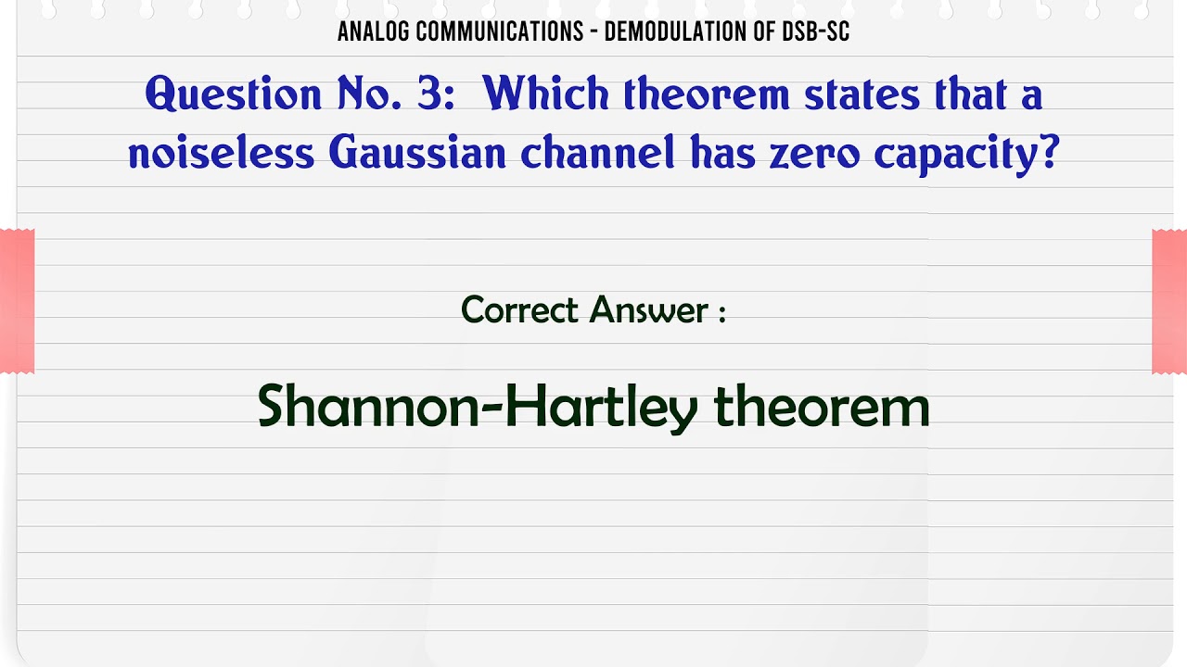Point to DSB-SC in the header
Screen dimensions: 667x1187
click(x=818, y=32)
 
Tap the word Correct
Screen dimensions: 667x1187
click(x=520, y=309)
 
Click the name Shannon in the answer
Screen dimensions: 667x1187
click(x=364, y=407)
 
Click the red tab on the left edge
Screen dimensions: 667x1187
click(x=17, y=301)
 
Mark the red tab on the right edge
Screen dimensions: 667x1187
click(x=1169, y=301)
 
